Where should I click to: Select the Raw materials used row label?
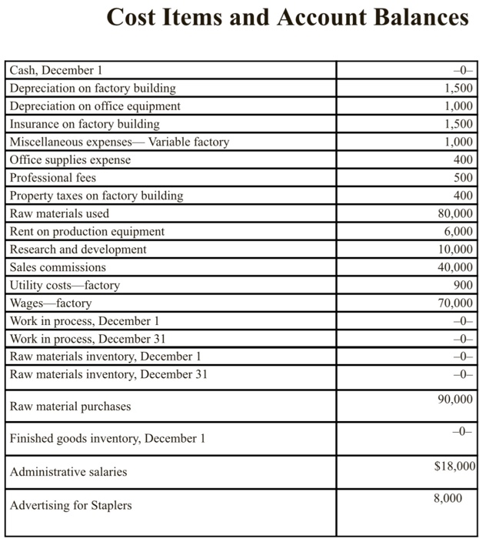coord(60,213)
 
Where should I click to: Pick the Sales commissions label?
coord(58,267)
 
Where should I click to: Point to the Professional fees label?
coord(53,178)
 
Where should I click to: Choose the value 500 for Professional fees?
coord(464,178)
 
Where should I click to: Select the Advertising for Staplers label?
coord(71,505)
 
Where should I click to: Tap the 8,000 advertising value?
coord(448,498)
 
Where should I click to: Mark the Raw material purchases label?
coord(71,406)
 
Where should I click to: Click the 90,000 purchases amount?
coord(455,399)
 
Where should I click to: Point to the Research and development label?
coord(78,249)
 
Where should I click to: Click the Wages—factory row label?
coord(51,303)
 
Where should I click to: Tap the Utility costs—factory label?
coord(65,285)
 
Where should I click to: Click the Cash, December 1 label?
coord(51,71)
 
